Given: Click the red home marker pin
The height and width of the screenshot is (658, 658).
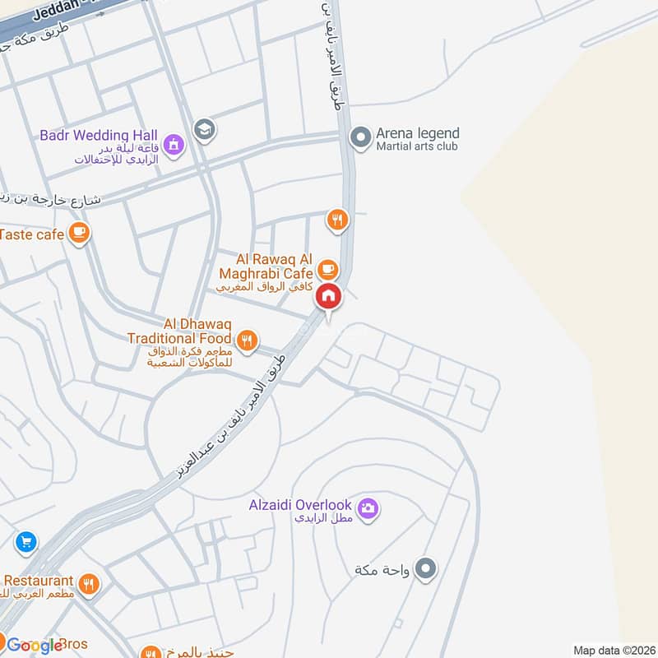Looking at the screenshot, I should tap(328, 297).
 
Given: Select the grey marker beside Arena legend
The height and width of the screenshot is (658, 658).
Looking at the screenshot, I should tap(359, 137).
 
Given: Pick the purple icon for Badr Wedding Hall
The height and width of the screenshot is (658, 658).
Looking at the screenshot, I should tap(174, 146).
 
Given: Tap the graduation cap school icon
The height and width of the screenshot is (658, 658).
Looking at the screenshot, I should tap(203, 128).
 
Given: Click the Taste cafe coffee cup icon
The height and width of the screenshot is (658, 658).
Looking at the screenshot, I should tap(79, 234).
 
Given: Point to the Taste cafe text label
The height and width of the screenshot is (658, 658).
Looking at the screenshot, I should tap(32, 234).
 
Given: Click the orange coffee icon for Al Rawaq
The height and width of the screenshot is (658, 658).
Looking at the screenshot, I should tap(327, 268).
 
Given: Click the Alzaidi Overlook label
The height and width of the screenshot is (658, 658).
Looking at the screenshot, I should tap(300, 505).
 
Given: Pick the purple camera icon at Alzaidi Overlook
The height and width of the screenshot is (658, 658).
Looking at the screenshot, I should tap(368, 508).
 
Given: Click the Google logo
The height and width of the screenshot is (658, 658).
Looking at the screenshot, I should tap(35, 646).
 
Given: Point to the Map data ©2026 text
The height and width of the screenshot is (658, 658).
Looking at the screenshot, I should tap(613, 650).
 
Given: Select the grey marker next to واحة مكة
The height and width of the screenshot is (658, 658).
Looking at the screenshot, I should tap(425, 568).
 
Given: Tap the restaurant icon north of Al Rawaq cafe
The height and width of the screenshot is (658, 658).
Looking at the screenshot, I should tap(337, 219).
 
